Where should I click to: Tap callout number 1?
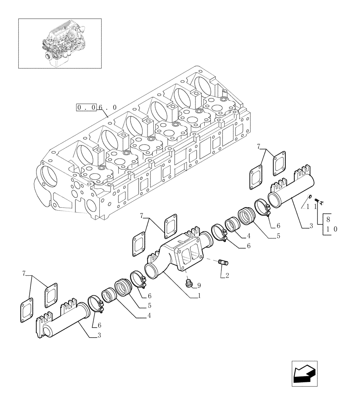199,296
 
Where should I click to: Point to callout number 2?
227,275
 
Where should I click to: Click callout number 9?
199,286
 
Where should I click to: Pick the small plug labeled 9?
188,283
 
